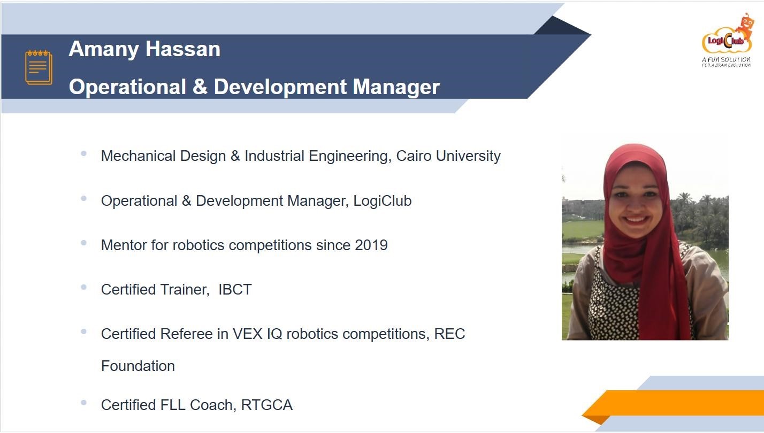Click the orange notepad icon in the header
(x=39, y=67)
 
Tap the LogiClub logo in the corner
(x=727, y=40)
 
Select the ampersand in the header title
(x=200, y=87)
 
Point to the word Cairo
(x=414, y=156)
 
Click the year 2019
(x=371, y=245)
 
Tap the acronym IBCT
(x=235, y=290)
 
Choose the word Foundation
(x=138, y=366)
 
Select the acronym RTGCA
(x=267, y=405)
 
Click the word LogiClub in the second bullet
(x=383, y=200)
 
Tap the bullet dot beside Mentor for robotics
(x=83, y=243)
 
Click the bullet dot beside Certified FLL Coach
(x=83, y=403)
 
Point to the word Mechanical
(x=138, y=156)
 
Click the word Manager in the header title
(x=396, y=87)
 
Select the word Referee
(x=186, y=334)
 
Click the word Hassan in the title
(x=183, y=49)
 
